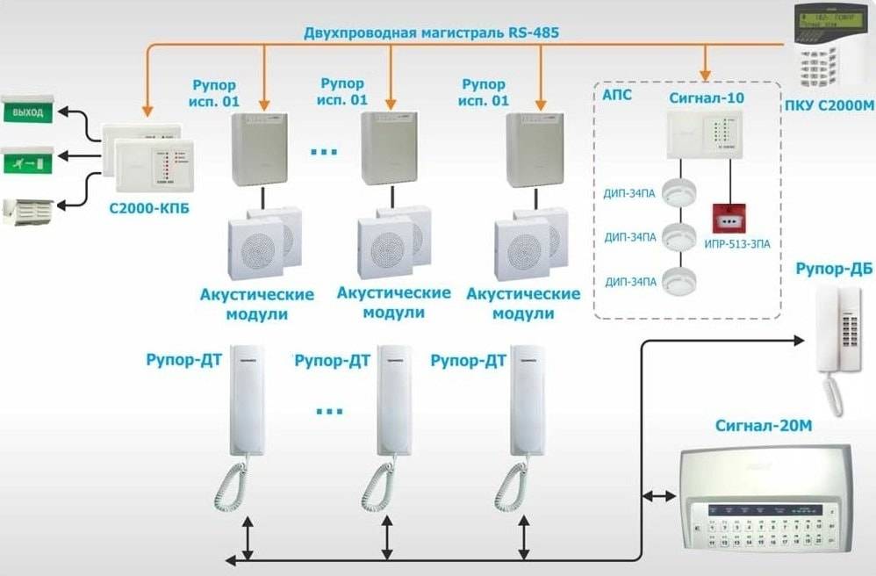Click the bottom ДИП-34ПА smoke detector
[677, 280]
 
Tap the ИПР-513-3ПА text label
[737, 243]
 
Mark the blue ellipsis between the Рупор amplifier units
[324, 152]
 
